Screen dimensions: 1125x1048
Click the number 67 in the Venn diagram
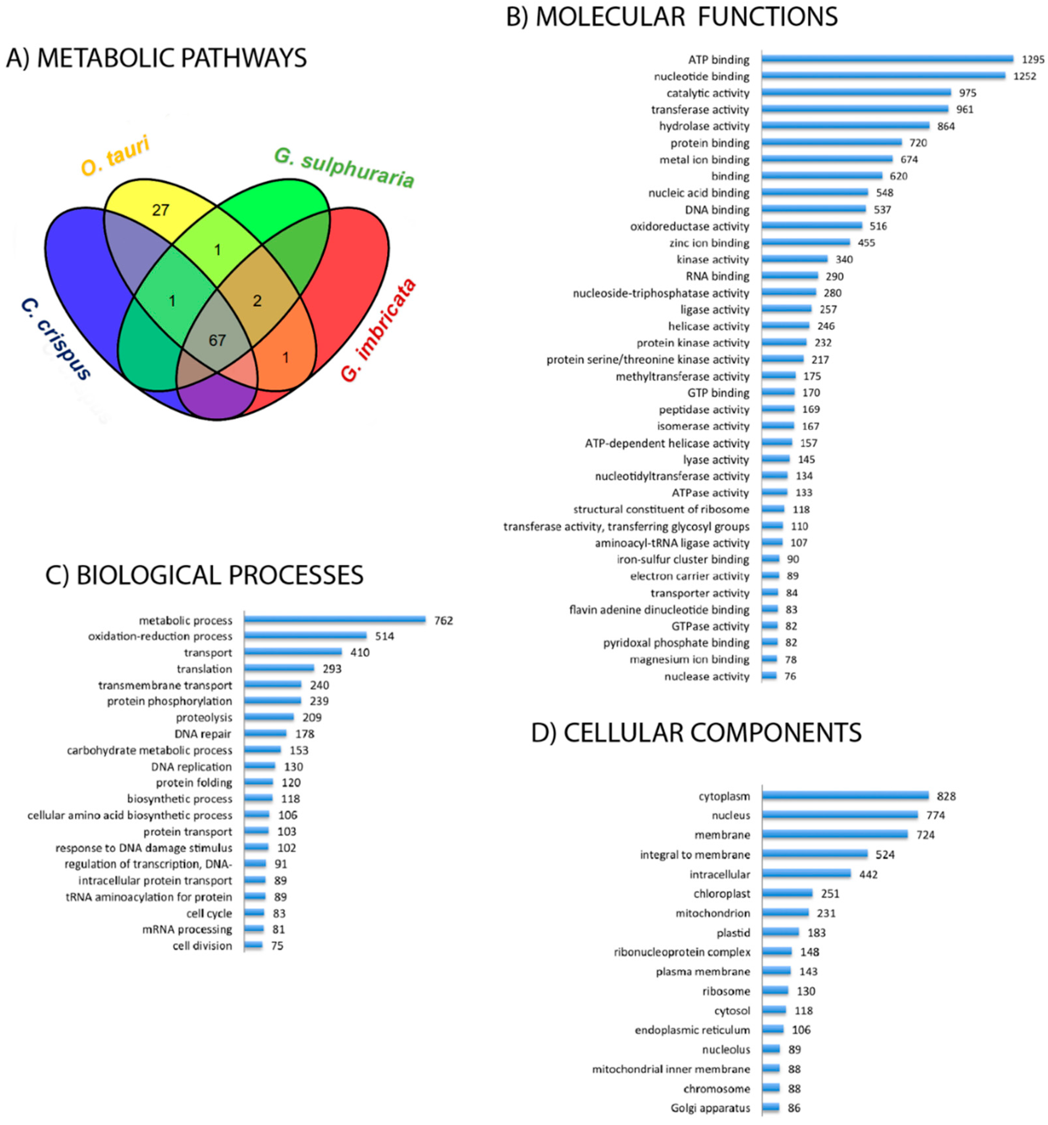(217, 340)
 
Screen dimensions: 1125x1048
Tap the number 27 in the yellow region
(161, 210)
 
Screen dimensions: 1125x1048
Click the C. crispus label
(55, 340)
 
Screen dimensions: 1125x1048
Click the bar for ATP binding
(887, 59)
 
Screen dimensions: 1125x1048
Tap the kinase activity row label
(712, 259)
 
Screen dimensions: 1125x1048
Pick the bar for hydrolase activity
(845, 125)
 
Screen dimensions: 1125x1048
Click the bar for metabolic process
(335, 620)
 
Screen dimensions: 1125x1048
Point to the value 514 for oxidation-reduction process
(384, 636)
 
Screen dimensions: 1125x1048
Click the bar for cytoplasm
(845, 796)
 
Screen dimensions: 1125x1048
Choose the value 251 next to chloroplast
(830, 893)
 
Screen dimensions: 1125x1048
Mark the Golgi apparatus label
(710, 1108)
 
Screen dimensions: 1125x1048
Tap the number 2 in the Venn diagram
(257, 301)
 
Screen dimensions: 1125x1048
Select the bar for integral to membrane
(815, 854)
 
